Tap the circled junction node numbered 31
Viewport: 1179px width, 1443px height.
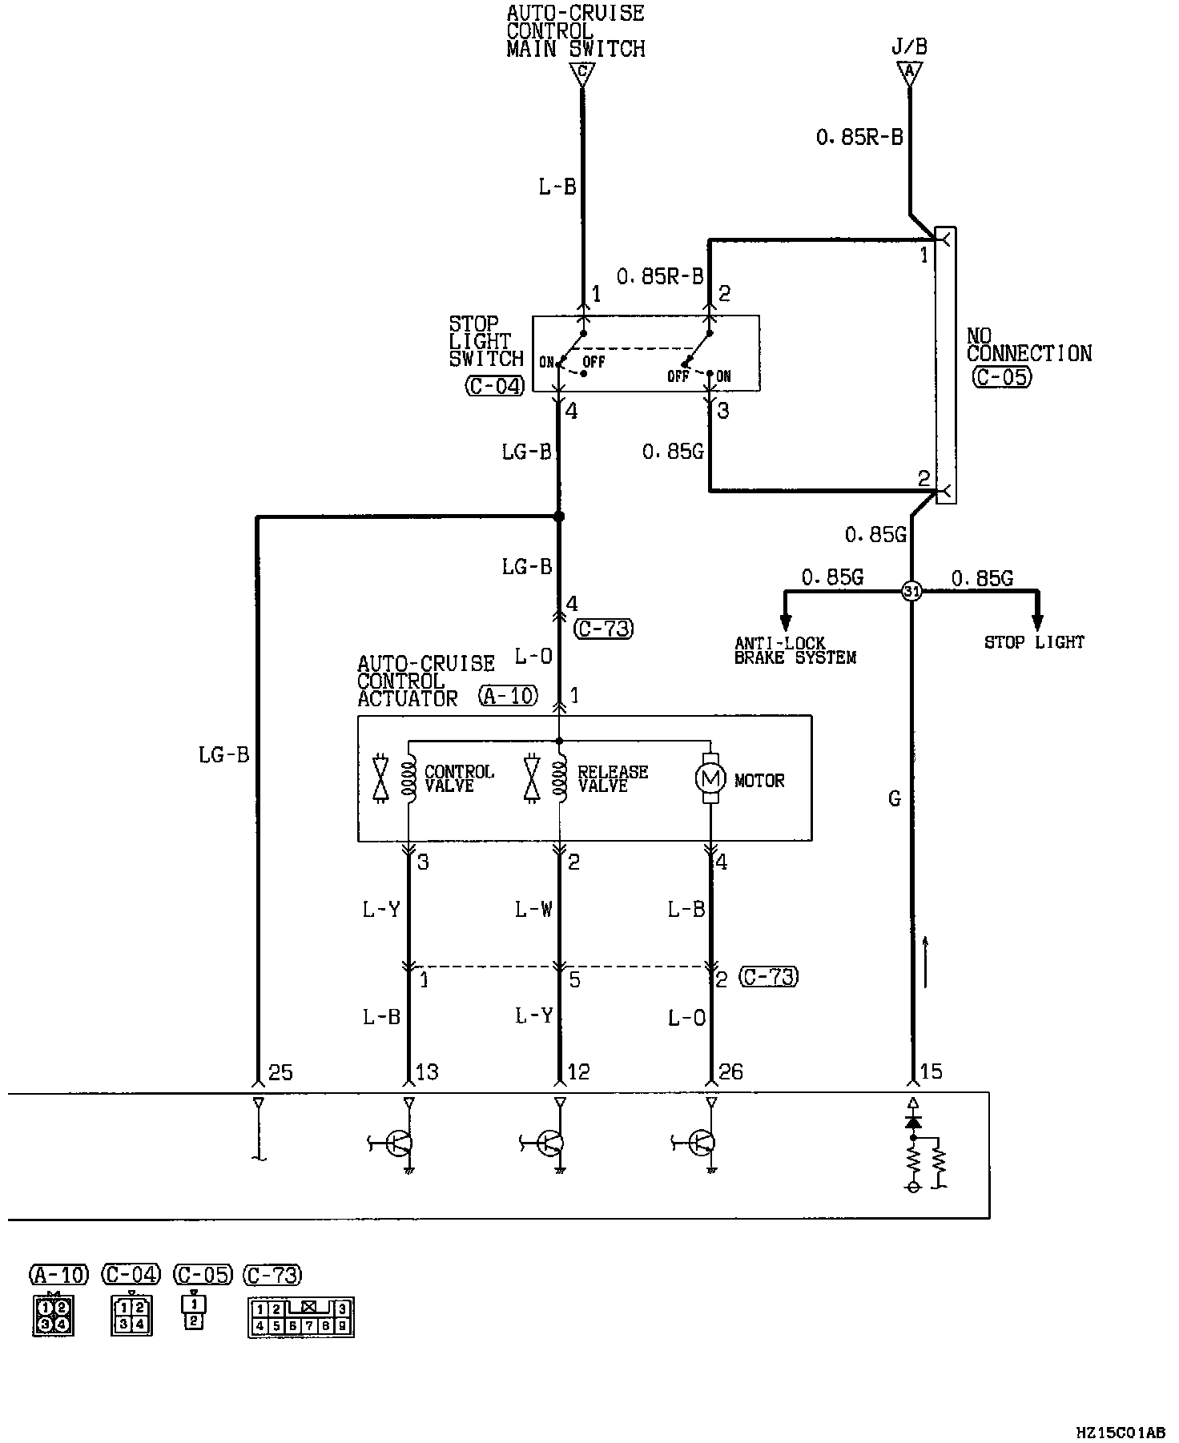[x=911, y=592]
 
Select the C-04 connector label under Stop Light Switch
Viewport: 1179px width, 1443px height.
[x=496, y=386]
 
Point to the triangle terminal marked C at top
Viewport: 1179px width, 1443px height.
[x=582, y=74]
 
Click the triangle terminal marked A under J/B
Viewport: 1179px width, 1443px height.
[x=909, y=74]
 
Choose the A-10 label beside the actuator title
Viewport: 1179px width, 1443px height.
[x=509, y=696]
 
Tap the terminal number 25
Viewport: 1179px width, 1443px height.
[x=280, y=1071]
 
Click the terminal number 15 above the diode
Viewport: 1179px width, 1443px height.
[x=932, y=1071]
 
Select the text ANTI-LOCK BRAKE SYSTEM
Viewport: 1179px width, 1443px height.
[x=795, y=650]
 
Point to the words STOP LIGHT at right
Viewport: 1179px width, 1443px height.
[x=1034, y=642]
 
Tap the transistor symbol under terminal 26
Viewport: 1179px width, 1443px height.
[x=702, y=1144]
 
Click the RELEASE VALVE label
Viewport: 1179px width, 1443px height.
[x=613, y=778]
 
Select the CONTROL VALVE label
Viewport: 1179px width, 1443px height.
[x=459, y=778]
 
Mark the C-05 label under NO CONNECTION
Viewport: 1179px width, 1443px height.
[x=1002, y=376]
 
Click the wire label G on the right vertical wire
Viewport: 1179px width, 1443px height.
[x=895, y=798]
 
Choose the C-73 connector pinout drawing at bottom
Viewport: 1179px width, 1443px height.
[x=301, y=1317]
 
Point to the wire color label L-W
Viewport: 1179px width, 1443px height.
[x=533, y=910]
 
